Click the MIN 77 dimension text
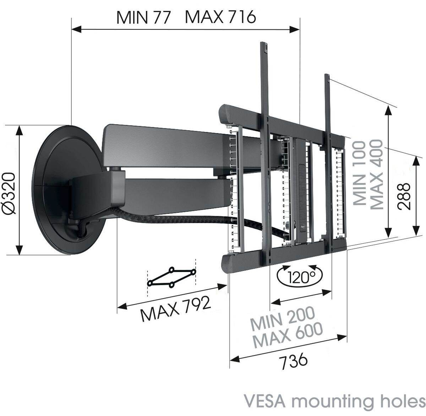point(144,17)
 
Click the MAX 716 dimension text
point(220,17)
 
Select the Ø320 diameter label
point(10,193)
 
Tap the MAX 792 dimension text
point(175,309)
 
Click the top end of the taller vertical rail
point(264,46)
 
